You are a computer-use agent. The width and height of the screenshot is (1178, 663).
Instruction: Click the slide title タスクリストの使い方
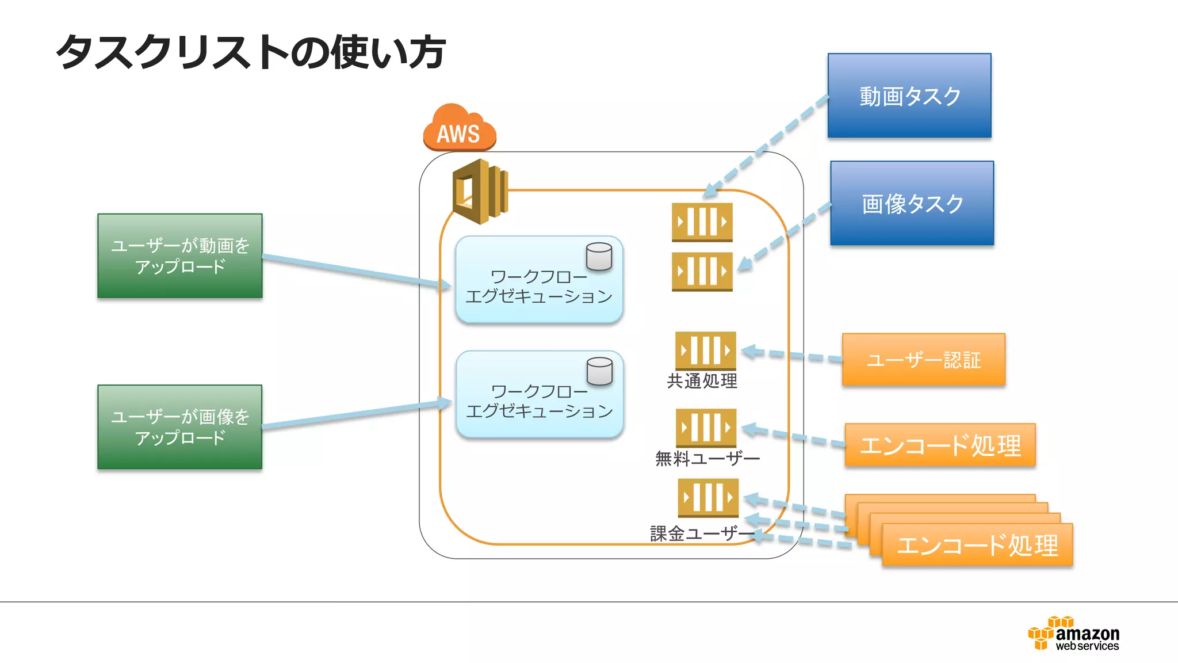[251, 52]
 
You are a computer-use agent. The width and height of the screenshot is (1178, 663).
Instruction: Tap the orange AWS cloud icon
[459, 128]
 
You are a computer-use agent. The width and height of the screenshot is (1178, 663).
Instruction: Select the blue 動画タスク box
[909, 96]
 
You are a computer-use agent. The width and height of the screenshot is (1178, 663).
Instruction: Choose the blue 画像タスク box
[912, 204]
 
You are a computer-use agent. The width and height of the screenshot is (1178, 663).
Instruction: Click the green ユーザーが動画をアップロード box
[180, 256]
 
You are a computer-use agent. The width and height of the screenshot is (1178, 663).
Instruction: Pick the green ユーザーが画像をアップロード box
[180, 427]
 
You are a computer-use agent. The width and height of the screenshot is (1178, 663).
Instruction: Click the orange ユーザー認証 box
[923, 360]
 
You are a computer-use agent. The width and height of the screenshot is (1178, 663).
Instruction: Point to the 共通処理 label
[702, 381]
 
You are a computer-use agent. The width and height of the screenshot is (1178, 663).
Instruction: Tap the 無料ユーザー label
[707, 459]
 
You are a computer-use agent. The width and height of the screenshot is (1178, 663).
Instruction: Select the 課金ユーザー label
[702, 534]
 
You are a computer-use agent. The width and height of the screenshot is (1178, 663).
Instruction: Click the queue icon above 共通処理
[705, 350]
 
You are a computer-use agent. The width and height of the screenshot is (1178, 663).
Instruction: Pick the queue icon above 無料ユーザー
[706, 428]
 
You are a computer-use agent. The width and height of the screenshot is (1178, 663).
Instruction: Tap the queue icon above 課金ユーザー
[707, 497]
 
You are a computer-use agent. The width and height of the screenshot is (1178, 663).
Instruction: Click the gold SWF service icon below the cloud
[480, 192]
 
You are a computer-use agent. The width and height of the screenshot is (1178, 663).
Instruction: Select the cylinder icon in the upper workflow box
[599, 257]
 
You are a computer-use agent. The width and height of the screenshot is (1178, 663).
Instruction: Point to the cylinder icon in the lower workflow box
[599, 371]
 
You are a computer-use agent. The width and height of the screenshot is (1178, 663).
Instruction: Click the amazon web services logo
[1074, 634]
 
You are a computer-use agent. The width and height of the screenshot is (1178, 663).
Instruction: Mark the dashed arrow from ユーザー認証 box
[794, 355]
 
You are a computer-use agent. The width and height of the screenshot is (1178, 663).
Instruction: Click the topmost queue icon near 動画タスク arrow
[702, 222]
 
